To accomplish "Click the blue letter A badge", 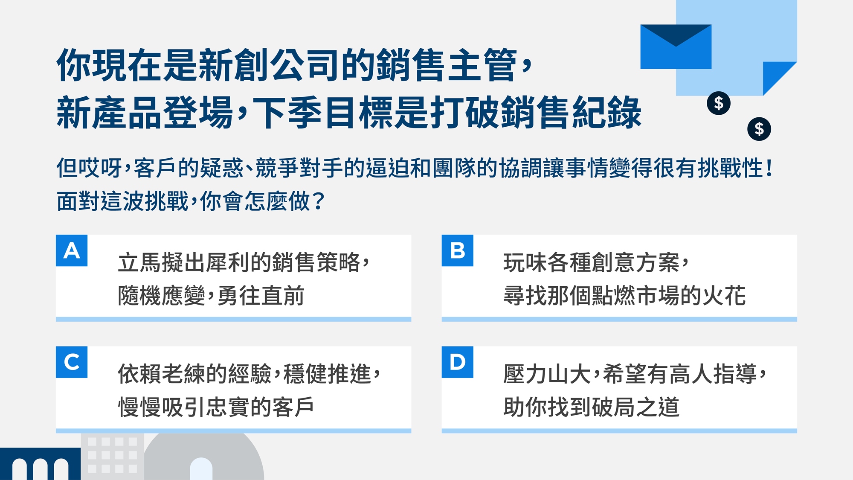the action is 72,250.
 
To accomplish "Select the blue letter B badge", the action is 457,250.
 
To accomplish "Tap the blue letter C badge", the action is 72,362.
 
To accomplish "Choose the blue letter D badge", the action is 457,362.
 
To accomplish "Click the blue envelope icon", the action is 676,47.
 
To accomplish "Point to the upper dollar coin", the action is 719,103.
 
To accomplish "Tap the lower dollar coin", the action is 759,129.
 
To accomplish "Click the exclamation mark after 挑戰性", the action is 769,168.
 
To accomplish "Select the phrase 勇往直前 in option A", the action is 261,295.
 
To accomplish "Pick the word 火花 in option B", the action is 724,295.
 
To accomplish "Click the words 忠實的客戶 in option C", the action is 260,407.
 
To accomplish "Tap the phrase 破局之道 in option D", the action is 635,407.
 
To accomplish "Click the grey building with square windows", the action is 112,456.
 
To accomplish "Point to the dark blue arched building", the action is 40,464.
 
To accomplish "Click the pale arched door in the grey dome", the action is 201,469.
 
